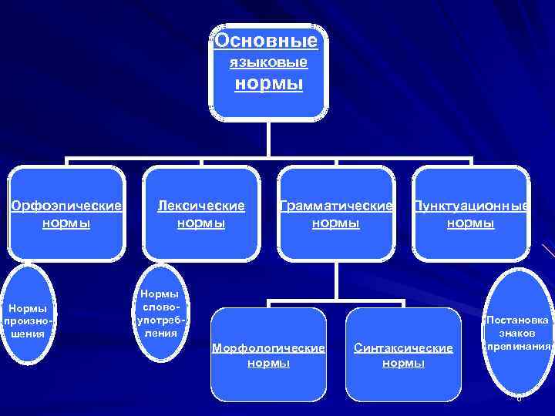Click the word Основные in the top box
tap(266, 40)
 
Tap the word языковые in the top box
tap(269, 61)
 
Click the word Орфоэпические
tap(66, 206)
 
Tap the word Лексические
tap(201, 206)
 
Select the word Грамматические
tap(336, 206)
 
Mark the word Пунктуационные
tap(471, 206)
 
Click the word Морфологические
tap(268, 348)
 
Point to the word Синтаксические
tap(403, 348)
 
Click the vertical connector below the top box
tap(268, 139)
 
